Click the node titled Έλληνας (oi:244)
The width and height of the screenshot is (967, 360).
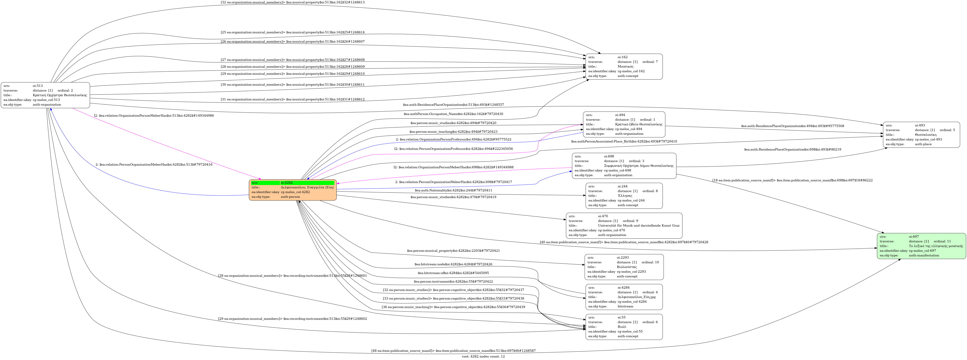tap(624, 196)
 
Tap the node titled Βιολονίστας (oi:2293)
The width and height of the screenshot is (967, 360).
tap(624, 267)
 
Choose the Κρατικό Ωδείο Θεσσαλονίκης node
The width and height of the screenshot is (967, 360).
tap(624, 124)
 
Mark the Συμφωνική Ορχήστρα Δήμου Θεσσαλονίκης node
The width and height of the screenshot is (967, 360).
tap(624, 166)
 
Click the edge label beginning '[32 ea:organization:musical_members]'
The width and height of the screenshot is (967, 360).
tap(292, 2)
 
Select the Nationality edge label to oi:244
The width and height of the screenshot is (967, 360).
tap(453, 190)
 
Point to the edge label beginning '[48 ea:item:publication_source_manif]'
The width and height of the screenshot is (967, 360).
tap(453, 351)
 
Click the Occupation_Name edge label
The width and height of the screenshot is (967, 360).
tap(453, 114)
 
